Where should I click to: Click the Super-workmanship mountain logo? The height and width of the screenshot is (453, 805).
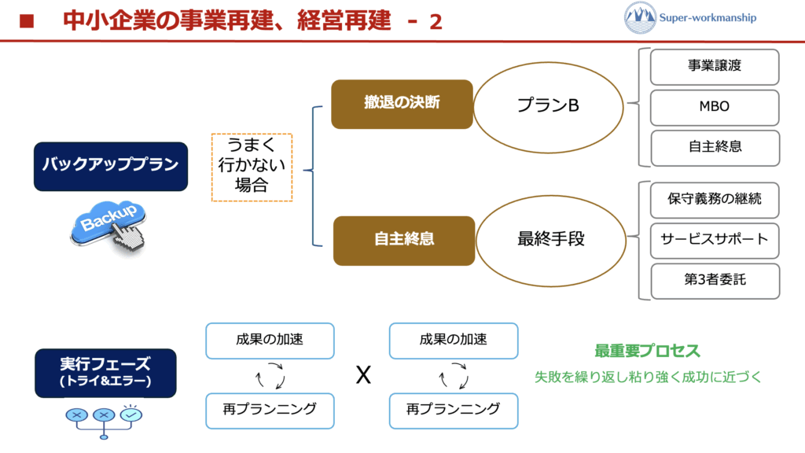[x=640, y=17]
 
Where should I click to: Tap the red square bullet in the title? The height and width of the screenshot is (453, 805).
[x=27, y=21]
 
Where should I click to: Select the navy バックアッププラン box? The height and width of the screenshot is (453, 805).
[x=111, y=166]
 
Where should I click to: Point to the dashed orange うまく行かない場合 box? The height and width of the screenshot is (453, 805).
[x=252, y=167]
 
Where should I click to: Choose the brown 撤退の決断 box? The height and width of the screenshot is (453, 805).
[x=402, y=104]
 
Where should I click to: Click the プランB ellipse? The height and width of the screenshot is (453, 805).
[x=548, y=105]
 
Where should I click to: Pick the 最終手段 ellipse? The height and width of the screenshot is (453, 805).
[x=550, y=239]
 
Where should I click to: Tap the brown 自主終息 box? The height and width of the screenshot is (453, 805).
[x=404, y=240]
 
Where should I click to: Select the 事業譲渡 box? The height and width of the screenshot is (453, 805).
[x=715, y=67]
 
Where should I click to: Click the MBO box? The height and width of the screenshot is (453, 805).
[x=715, y=107]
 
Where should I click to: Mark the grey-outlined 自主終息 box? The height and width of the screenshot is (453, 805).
[x=715, y=147]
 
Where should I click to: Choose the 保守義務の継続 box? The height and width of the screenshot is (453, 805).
[x=715, y=200]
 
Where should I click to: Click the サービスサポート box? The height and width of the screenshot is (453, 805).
[x=715, y=240]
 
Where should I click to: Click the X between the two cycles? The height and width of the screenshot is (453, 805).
[x=362, y=376]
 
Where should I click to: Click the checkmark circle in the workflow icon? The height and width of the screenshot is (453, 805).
[x=130, y=414]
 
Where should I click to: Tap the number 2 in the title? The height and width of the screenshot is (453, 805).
[x=436, y=21]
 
